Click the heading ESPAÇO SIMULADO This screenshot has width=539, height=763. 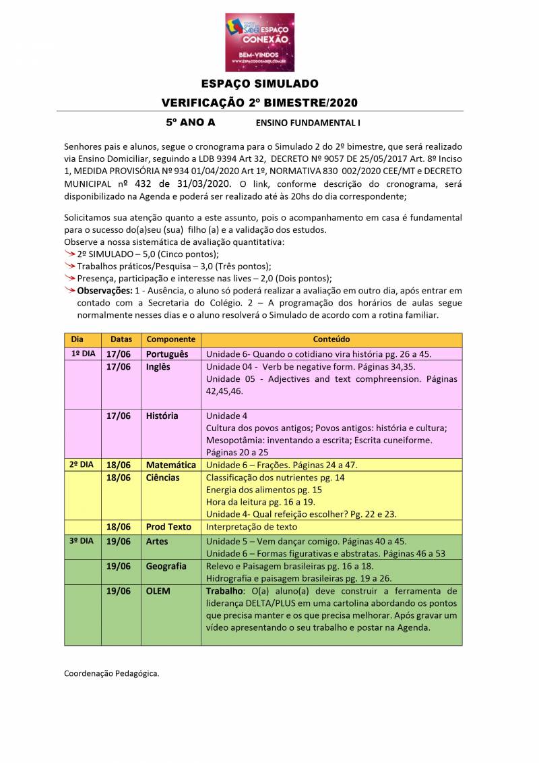tap(259, 84)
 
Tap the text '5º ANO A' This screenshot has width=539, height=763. tap(191, 123)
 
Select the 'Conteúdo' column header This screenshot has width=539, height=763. tap(331, 339)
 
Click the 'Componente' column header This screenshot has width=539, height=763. tap(170, 339)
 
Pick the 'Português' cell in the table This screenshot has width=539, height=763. tap(167, 354)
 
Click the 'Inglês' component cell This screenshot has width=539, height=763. tap(158, 367)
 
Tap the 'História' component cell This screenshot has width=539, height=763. tap(162, 416)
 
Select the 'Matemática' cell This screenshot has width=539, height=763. tap(170, 465)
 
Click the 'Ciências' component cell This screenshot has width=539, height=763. tap(162, 478)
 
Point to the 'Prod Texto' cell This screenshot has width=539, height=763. tap(168, 527)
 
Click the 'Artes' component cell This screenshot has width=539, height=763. tap(157, 541)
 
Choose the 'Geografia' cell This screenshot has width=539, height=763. tap(166, 566)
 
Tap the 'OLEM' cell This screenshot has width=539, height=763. tap(158, 591)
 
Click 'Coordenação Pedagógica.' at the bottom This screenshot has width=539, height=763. tap(111, 673)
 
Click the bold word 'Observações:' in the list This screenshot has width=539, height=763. tap(104, 290)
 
